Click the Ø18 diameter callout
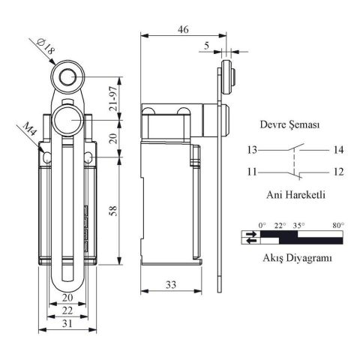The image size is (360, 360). coord(46,47)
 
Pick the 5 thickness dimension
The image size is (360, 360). coord(206,45)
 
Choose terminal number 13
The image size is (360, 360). coord(253,150)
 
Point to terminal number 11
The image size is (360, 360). coord(253,172)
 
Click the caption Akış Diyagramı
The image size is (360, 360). coord(293,257)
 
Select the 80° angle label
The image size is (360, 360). coord(337,224)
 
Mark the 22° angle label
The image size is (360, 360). coord(280,224)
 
